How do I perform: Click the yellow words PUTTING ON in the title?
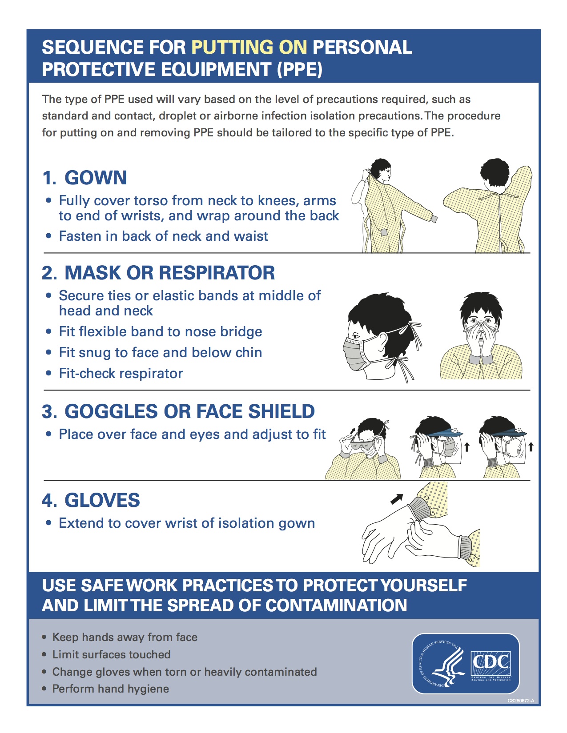coord(249,47)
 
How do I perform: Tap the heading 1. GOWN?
coord(84,177)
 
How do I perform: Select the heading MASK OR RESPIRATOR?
coord(169,273)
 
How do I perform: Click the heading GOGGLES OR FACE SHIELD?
coord(189,411)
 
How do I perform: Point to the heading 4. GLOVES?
coord(91,500)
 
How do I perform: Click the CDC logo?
coord(491,664)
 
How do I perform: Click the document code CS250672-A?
coord(521,701)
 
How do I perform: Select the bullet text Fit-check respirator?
coord(121,374)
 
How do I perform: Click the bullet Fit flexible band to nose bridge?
coord(161,331)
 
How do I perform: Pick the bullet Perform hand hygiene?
coord(110,689)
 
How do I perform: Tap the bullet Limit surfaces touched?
coord(112,654)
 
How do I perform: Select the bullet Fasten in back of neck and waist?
coord(164,236)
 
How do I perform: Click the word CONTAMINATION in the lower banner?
coord(336,605)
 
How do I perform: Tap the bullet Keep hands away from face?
coord(125,637)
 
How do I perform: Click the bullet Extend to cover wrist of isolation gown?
coord(187,523)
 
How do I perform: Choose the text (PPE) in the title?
coord(300,69)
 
